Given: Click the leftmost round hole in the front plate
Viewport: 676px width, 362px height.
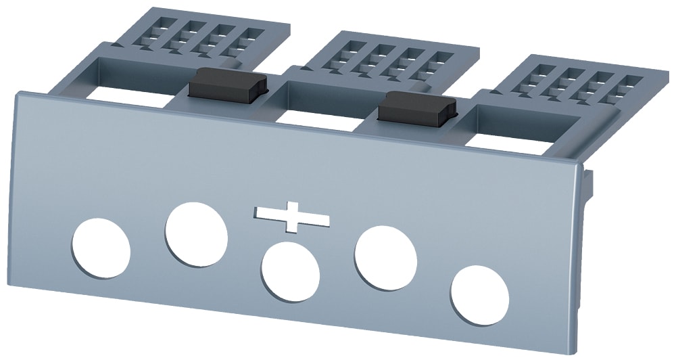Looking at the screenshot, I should click(x=101, y=248).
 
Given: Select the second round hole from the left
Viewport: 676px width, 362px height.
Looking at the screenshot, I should click(x=196, y=234).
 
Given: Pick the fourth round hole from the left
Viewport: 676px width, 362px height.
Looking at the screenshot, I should click(x=386, y=258).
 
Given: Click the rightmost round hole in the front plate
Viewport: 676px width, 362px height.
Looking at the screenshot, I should click(x=480, y=295).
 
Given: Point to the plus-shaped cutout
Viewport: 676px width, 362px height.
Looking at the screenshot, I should click(x=293, y=217).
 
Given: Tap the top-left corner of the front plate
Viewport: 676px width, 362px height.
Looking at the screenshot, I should click(x=17, y=93).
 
